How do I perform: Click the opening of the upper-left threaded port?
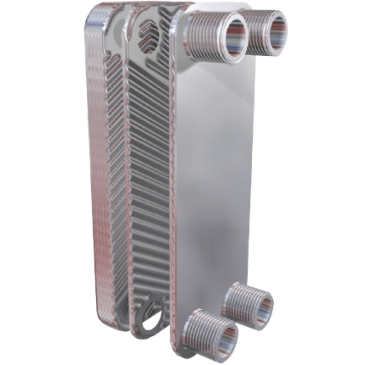point(228,36)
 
